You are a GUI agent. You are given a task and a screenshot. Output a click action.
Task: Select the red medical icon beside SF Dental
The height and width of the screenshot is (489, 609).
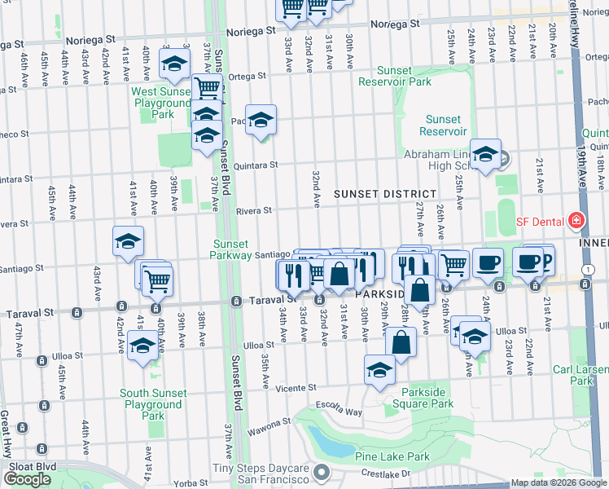click(x=576, y=221)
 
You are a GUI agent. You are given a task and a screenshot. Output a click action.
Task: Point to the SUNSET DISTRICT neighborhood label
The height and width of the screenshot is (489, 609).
click(x=375, y=193)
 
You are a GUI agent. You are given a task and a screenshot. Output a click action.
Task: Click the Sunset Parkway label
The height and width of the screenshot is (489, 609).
click(x=232, y=249)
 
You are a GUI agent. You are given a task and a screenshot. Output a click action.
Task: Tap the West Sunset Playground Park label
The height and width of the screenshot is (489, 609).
click(x=161, y=104)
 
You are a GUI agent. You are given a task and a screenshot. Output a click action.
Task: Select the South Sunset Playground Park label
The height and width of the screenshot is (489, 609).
click(x=153, y=404)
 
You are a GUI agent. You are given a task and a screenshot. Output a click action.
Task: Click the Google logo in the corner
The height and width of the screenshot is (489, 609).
click(x=27, y=479)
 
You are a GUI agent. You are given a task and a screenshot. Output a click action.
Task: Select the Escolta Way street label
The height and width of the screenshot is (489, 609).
click(x=344, y=412)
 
